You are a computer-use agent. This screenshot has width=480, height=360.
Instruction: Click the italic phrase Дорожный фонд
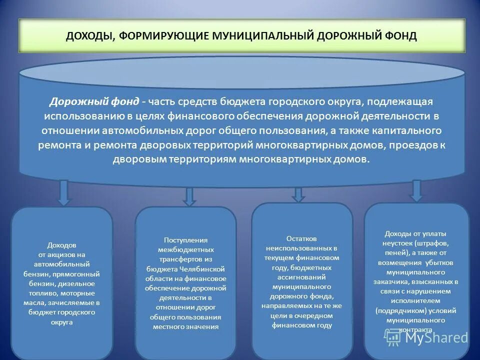(94, 101)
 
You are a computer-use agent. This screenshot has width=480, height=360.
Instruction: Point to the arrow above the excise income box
(63, 192)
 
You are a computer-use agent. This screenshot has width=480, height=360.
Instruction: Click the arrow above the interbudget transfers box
(189, 196)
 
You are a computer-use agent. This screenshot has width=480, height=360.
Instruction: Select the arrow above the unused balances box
(298, 194)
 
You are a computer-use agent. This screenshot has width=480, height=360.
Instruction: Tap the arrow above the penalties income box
(416, 191)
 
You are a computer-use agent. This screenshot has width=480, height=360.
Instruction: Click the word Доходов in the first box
(61, 245)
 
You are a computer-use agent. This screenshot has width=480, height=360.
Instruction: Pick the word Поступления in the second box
(185, 240)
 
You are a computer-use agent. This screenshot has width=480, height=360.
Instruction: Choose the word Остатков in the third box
(301, 239)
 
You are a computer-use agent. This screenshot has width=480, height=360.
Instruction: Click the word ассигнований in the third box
(301, 277)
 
